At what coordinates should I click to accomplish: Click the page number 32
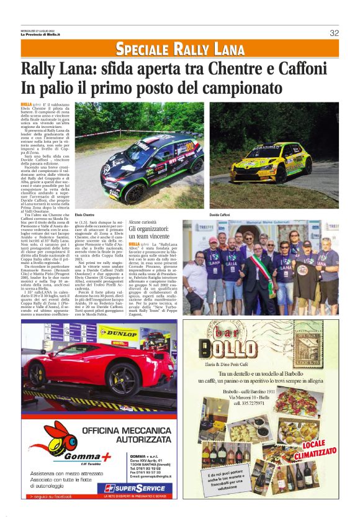[334, 33]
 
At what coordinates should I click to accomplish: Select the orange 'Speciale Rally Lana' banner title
[180, 48]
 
